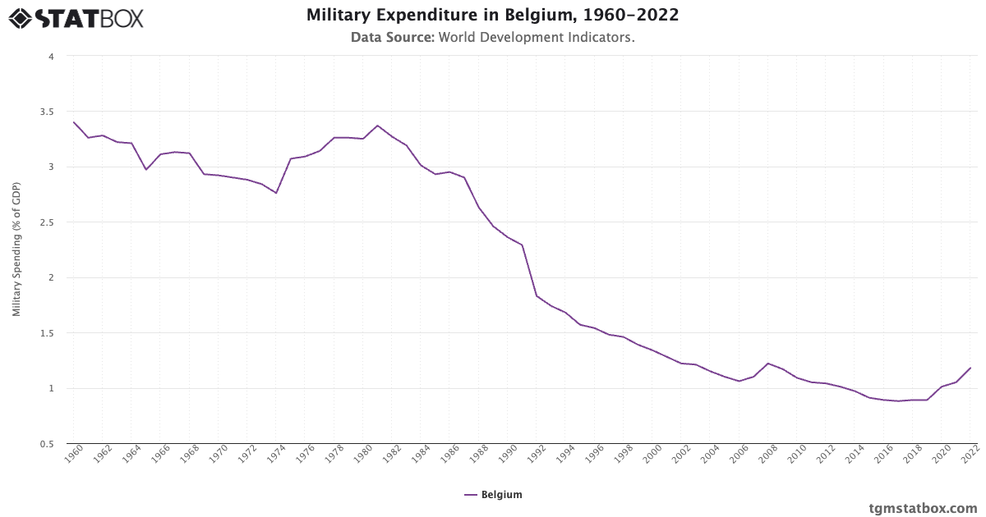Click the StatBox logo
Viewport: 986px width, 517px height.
(x=76, y=18)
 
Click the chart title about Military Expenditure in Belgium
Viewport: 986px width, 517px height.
(x=492, y=16)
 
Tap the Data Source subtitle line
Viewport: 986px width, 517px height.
(x=492, y=37)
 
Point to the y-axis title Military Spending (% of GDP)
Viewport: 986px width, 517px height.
(x=16, y=249)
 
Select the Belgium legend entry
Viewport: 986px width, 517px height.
(x=493, y=495)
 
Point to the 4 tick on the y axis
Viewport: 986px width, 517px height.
(x=50, y=57)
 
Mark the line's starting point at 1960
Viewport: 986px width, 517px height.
(x=74, y=122)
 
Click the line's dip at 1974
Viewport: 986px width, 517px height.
(x=276, y=193)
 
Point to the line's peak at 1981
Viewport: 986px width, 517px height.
(x=377, y=126)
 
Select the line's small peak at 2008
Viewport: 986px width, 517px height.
(x=767, y=364)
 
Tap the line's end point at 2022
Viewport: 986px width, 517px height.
(x=970, y=368)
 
